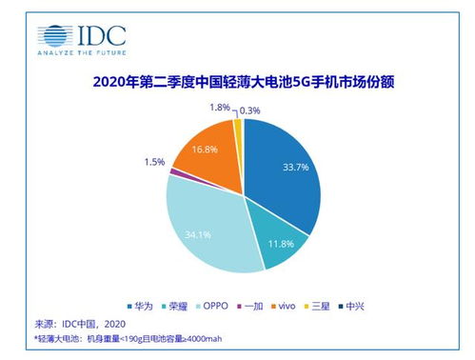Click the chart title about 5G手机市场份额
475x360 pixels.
pos(237,84)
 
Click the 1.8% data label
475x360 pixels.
pos(218,109)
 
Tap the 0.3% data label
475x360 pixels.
pos(252,110)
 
